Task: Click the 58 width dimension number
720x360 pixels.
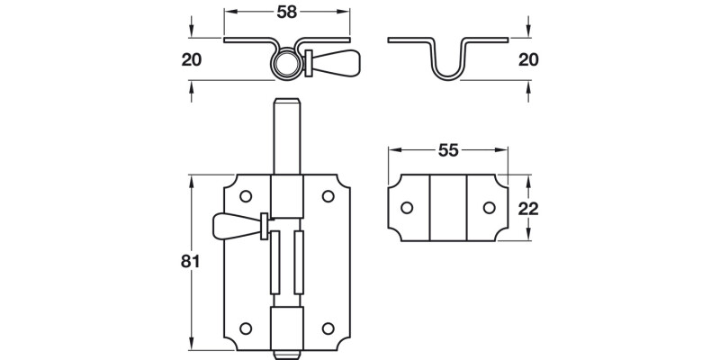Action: click(286, 12)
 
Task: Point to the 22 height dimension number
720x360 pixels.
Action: click(528, 208)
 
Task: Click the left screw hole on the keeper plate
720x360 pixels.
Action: click(407, 208)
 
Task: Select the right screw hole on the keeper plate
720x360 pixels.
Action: click(489, 208)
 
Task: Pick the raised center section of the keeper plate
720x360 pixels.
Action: click(448, 208)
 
